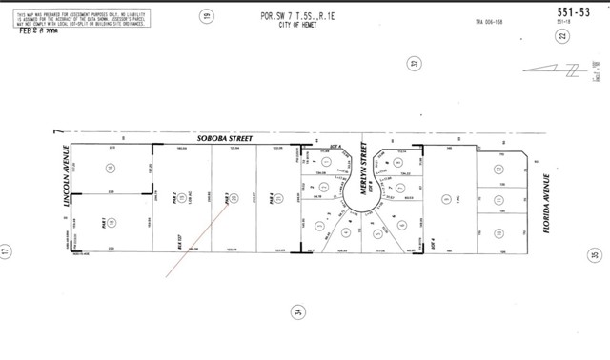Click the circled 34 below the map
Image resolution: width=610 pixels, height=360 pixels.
coord(298,311)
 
